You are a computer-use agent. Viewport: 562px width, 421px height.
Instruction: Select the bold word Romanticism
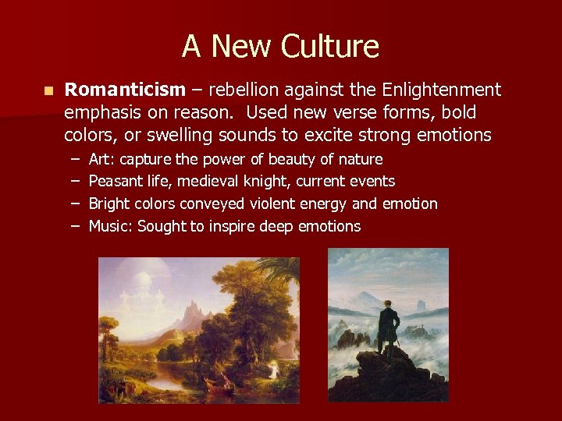[x=125, y=90]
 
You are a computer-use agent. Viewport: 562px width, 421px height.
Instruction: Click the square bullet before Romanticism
[x=48, y=91]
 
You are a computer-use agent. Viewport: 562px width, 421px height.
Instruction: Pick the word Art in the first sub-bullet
[x=101, y=160]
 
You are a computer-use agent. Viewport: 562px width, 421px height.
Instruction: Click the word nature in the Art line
[x=360, y=160]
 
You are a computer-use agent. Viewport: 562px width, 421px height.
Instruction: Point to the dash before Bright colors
[x=71, y=204]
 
